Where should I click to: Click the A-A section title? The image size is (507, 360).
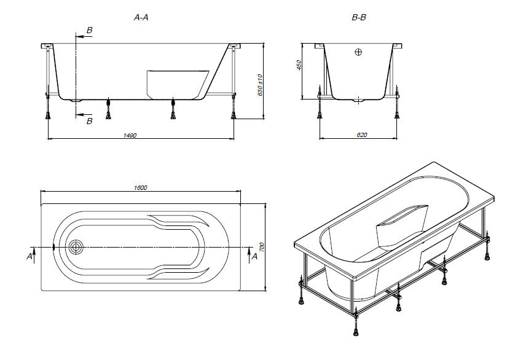click(141, 18)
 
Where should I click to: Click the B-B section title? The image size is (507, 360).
click(359, 18)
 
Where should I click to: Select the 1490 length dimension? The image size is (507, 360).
click(130, 135)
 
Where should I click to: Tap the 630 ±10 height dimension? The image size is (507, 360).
click(261, 85)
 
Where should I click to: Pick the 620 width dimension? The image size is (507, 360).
click(361, 135)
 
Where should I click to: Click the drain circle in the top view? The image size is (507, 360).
click(76, 247)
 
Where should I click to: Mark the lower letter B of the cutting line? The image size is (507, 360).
click(90, 122)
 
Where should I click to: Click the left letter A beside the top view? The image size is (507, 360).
click(29, 256)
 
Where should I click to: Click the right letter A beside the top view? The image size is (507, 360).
click(254, 256)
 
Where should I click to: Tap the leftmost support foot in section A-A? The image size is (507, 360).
click(48, 114)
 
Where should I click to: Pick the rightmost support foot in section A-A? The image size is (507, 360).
click(233, 114)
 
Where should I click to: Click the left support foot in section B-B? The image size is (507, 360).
click(318, 114)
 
